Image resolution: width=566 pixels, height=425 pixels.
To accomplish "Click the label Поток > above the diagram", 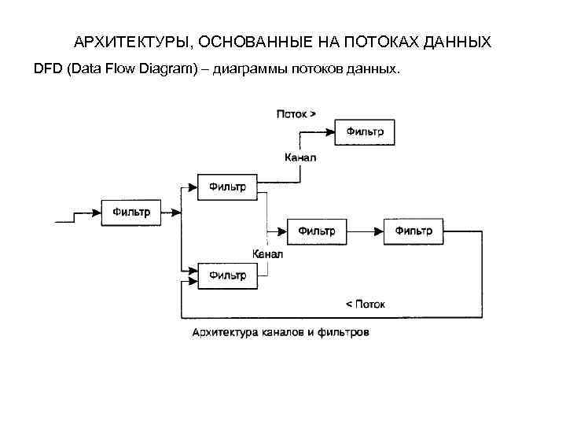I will [x=296, y=113].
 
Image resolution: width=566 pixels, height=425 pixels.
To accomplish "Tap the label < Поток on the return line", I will [x=366, y=303].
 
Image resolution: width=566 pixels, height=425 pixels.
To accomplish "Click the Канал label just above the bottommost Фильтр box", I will [x=267, y=254].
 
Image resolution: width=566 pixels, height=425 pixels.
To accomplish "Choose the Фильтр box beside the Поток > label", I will [x=366, y=131].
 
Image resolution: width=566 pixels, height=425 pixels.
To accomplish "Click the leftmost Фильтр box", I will [x=131, y=211].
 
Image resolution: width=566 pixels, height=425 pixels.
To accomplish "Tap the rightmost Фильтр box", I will [x=413, y=231].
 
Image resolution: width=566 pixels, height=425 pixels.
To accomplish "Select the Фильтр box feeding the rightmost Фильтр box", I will [x=318, y=231].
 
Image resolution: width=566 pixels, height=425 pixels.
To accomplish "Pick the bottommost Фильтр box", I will [x=227, y=275].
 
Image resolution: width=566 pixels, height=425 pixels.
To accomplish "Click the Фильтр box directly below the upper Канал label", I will [x=227, y=187].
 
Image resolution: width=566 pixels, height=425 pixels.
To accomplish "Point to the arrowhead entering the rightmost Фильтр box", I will [x=379, y=231].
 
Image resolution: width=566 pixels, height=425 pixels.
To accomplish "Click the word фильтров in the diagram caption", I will [x=345, y=332].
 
